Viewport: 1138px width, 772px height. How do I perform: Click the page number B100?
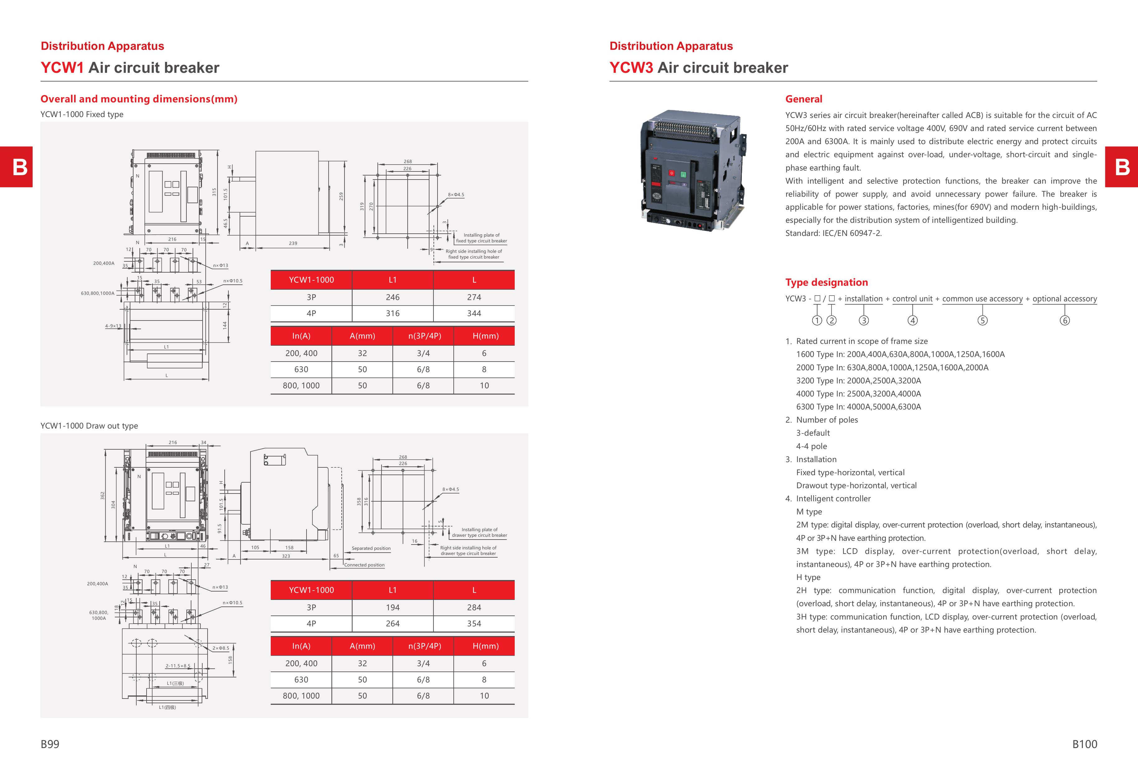pos(1084,744)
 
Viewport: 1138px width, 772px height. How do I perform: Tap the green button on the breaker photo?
pos(683,174)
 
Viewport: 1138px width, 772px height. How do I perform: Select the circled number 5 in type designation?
pos(982,320)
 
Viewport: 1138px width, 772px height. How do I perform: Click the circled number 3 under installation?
pos(864,320)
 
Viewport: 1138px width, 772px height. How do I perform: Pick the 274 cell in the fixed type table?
pos(474,297)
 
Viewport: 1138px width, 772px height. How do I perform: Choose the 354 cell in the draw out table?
pos(474,624)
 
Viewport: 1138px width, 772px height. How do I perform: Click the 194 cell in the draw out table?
pos(392,607)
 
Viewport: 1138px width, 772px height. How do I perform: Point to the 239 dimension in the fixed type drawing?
pos(293,243)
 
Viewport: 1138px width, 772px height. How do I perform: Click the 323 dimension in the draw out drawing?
pos(286,556)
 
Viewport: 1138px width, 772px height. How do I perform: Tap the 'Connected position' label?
pos(364,565)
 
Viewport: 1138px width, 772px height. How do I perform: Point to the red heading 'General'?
pos(803,99)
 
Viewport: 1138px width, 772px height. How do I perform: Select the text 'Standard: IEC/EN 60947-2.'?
pos(833,233)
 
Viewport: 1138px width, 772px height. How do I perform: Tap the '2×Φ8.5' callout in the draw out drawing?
pos(220,648)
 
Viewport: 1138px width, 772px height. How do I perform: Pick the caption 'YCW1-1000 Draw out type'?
pos(89,426)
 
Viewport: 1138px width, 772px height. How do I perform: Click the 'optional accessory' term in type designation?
pos(1065,299)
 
